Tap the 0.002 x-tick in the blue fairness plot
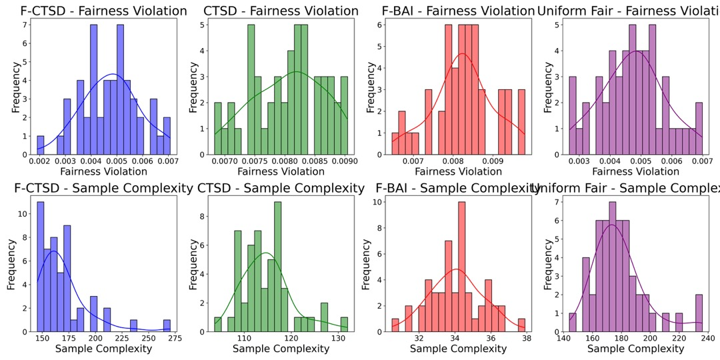(x=39, y=161)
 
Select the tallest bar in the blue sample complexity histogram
(x=40, y=267)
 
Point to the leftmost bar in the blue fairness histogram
(x=41, y=145)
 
